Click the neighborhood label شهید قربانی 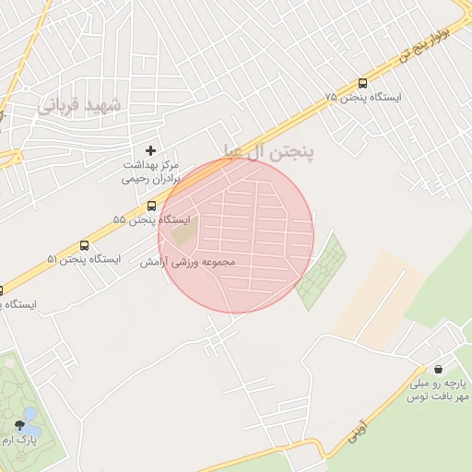(x=80, y=103)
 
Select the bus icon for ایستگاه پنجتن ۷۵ (x=362, y=83)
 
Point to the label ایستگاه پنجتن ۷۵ (x=367, y=98)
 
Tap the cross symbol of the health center (x=151, y=150)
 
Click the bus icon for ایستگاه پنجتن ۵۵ (x=152, y=206)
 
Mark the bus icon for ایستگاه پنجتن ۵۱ (x=85, y=246)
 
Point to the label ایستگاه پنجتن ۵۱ (x=84, y=260)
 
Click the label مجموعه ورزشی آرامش (x=188, y=263)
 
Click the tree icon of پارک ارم (x=20, y=425)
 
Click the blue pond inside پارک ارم (x=31, y=420)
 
